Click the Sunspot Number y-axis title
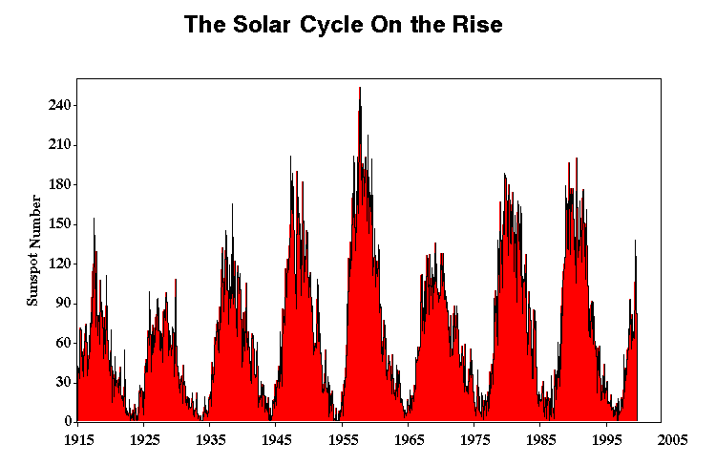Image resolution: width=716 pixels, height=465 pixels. click(x=33, y=249)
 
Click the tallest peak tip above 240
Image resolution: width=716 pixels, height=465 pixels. click(x=359, y=88)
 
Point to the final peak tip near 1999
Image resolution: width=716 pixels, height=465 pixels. click(x=635, y=241)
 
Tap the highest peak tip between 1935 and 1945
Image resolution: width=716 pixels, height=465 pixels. click(x=232, y=204)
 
